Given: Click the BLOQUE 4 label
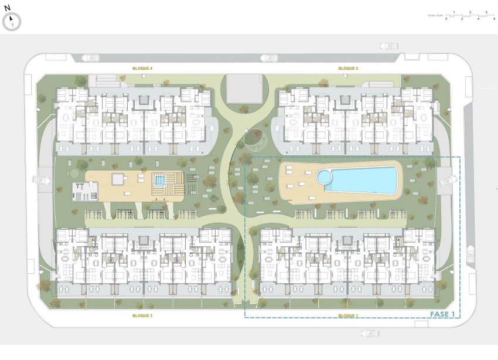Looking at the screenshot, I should tap(142, 69).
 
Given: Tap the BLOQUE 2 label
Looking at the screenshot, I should tap(348, 69).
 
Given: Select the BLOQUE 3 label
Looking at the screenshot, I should tap(142, 315).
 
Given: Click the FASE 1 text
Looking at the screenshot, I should tap(442, 314).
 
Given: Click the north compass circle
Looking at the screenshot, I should tap(12, 22).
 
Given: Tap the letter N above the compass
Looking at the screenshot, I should tap(7, 8).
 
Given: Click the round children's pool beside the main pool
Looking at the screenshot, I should tap(323, 176).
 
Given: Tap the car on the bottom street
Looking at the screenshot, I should tap(369, 334).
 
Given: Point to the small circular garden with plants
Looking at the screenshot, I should tap(253, 138).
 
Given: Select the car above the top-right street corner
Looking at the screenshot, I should tap(388, 46).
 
